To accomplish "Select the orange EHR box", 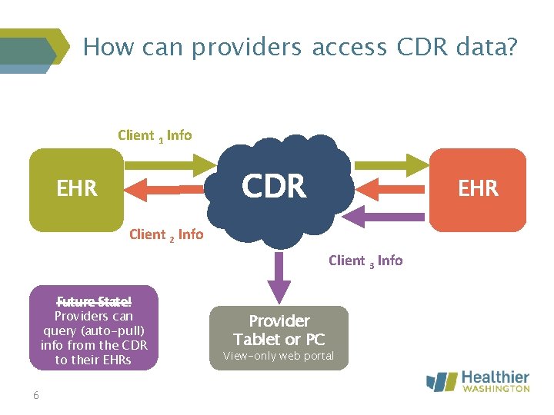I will tap(478, 189).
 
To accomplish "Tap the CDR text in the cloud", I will tap(274, 186).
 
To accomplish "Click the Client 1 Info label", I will tap(155, 135).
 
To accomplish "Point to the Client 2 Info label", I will tap(166, 234).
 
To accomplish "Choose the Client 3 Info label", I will tap(365, 261).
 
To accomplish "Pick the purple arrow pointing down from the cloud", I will tap(279, 274).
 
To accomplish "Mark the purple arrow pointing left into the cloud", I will tap(389, 216).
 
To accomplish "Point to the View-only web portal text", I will tap(279, 356).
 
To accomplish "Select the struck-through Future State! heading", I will tap(93, 302).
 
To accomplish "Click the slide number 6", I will tap(36, 395).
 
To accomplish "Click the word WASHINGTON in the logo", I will tap(496, 389).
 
